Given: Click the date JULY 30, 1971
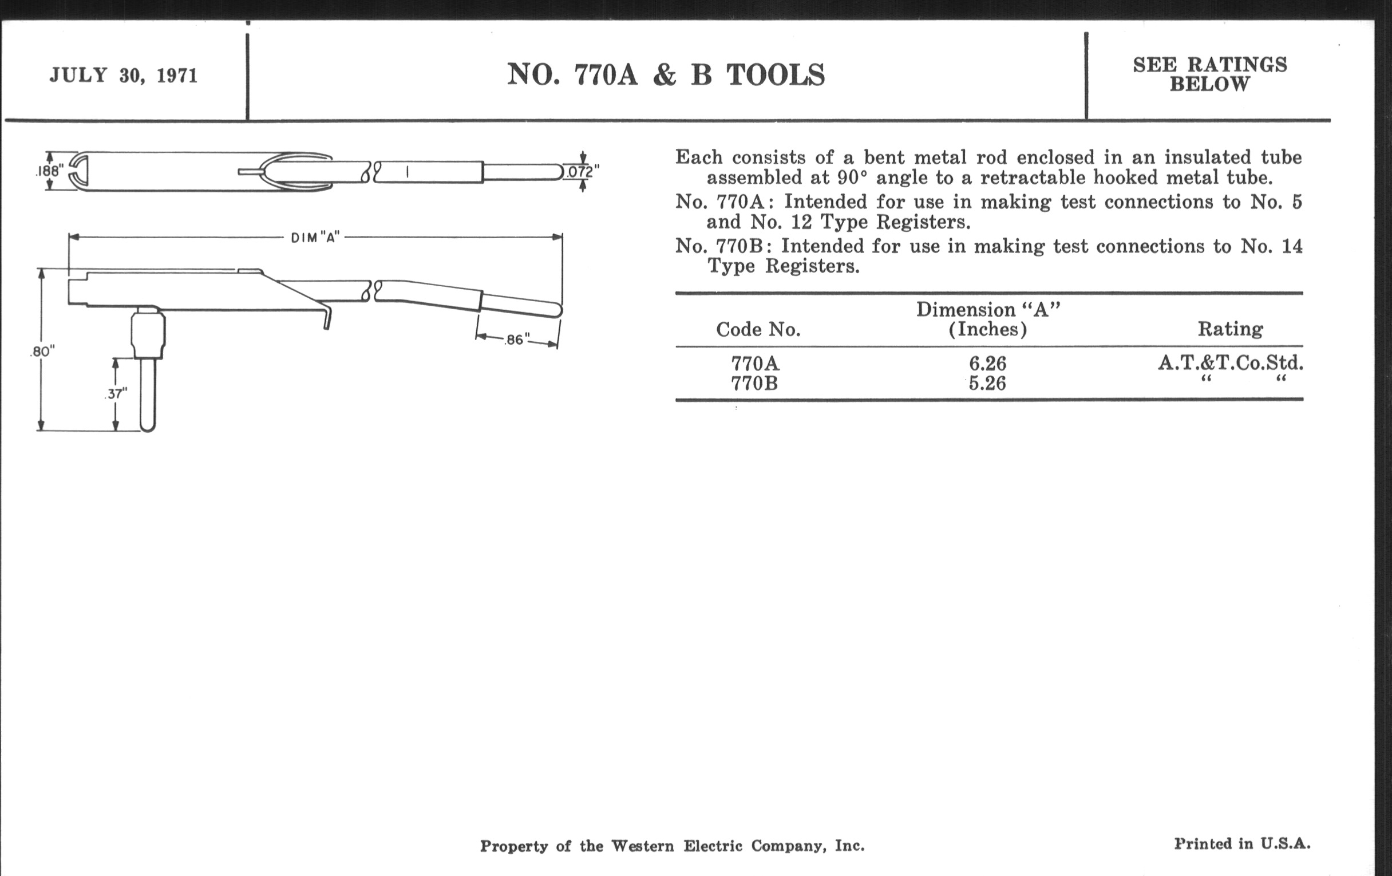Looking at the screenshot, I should coord(124,75).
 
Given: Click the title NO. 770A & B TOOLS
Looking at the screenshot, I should coord(665,75).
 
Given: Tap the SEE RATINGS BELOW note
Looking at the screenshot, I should coord(1209,74).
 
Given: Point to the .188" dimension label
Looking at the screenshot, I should coord(49,171).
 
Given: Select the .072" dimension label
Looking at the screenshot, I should coord(581,172).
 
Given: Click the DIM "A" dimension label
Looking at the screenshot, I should coord(315,238).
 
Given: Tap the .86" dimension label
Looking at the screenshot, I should coord(517,340).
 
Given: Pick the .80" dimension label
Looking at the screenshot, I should coord(42,352).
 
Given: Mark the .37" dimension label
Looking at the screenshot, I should coord(116,394).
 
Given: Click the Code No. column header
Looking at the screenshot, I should coord(758,330).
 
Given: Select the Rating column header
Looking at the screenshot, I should coord(1230,329).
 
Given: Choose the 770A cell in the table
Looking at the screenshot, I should coord(755,364).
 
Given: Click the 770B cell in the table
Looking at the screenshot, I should coord(754,384).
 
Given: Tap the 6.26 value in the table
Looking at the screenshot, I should coord(987,364).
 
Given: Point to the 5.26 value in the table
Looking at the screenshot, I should coord(987,384).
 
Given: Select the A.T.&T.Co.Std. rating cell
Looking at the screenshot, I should coord(1230,363).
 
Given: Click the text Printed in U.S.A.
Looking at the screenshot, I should coord(1241,843).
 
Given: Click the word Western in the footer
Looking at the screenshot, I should coord(642,846).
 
